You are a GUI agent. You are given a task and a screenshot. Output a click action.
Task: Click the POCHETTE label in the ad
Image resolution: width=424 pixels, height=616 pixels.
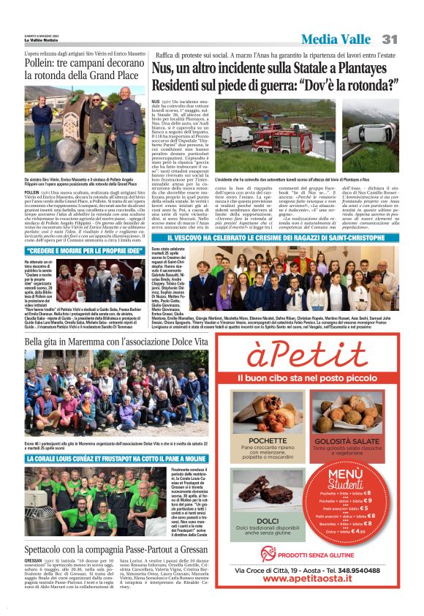tap(268, 440)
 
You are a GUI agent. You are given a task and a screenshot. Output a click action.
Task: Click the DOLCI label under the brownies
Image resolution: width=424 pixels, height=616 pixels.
tap(268, 522)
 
